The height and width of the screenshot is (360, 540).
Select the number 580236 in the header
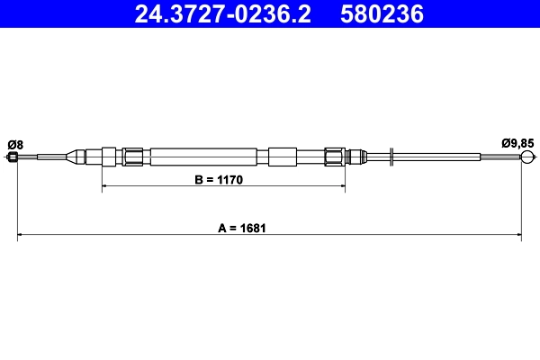379,13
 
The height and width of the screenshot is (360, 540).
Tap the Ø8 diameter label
15,144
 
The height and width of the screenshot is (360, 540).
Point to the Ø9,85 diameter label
518,144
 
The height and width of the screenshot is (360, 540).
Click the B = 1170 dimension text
220,180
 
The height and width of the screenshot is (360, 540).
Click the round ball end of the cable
526,158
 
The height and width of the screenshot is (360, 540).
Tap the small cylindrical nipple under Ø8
13,158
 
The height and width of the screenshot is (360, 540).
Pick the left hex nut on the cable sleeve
132,157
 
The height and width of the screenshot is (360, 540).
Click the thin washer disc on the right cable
391,157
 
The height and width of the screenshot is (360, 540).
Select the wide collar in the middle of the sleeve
282,157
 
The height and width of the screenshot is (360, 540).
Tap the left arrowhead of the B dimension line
104,187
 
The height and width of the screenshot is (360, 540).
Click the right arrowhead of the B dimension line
343,187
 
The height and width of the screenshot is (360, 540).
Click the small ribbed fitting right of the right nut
355,157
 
